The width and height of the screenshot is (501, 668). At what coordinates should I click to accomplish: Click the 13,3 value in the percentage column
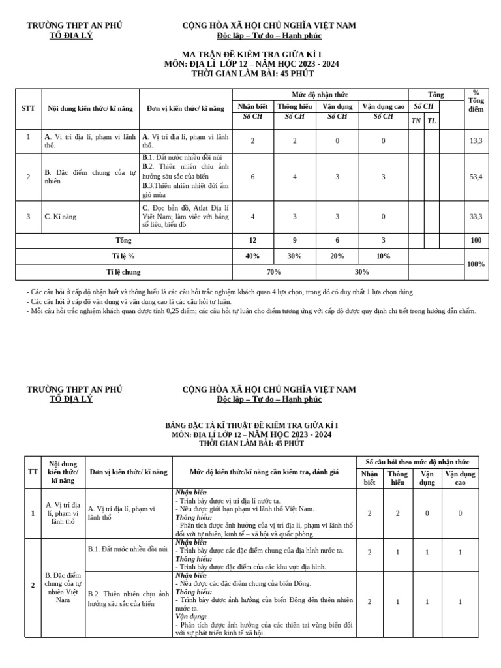point(476,140)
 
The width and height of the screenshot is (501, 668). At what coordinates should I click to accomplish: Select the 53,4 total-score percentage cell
point(476,177)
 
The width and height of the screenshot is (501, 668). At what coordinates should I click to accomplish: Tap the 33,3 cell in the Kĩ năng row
point(476,217)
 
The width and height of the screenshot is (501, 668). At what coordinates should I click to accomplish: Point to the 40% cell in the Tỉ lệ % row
point(252,256)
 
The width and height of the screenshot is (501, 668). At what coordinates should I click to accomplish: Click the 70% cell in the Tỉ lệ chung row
point(274,272)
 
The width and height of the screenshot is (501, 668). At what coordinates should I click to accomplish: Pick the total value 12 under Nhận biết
point(252,241)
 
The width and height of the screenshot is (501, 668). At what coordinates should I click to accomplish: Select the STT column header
point(28,108)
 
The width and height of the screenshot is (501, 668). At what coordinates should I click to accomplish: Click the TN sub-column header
point(416,121)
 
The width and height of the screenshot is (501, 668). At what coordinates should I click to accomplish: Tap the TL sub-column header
point(431,121)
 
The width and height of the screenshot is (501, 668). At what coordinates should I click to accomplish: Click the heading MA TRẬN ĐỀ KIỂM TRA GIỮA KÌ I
point(251,54)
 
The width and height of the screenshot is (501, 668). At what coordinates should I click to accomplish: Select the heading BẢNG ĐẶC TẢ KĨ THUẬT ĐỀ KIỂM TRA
point(251,425)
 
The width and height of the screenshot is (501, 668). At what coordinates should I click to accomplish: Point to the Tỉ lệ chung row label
point(123,272)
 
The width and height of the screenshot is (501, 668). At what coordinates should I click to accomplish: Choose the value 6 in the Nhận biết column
point(252,177)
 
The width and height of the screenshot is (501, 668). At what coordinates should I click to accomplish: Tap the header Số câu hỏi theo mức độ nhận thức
point(417,461)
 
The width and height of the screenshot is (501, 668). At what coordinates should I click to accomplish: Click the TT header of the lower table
point(33,472)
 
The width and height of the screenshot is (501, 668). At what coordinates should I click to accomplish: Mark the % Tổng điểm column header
point(476,100)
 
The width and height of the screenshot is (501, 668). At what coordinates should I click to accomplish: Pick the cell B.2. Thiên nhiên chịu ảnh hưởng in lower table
point(129,599)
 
